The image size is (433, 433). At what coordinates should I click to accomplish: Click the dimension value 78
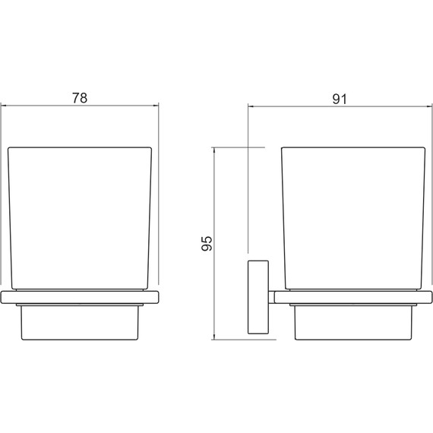[80, 98]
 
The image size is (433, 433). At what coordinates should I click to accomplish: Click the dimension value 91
[340, 100]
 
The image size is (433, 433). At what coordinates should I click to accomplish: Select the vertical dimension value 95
[207, 244]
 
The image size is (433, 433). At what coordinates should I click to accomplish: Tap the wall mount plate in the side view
[258, 297]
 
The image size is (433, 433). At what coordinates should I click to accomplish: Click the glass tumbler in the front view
[80, 218]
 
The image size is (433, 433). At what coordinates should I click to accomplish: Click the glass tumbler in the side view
[353, 218]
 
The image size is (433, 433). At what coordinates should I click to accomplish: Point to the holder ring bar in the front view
[80, 297]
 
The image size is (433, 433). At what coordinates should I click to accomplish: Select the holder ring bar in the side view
[353, 297]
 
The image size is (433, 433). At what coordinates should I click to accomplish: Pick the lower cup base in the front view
[80, 323]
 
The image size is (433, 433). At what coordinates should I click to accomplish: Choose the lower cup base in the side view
[353, 323]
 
